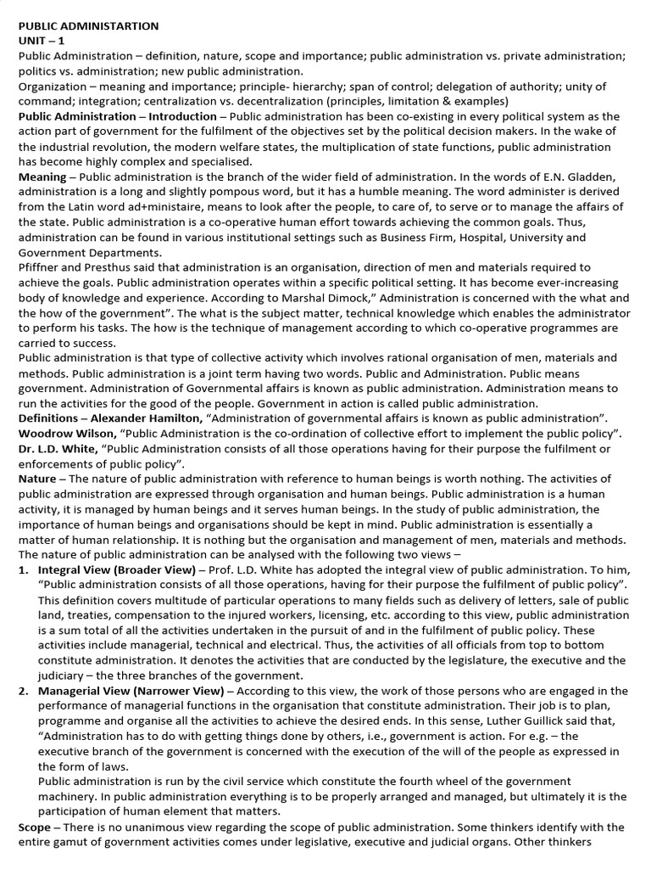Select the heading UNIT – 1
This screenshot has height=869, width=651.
point(41,40)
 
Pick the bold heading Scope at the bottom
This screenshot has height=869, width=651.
point(34,827)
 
